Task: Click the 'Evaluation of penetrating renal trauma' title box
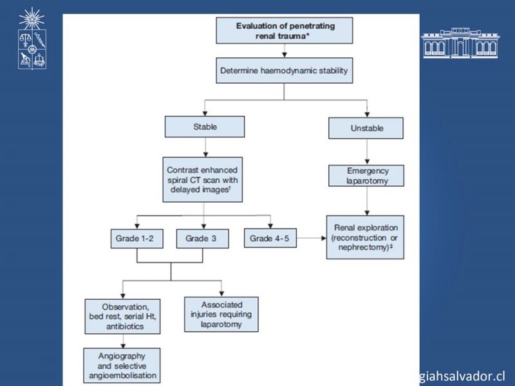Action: (284, 30)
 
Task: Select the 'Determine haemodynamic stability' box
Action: (284, 71)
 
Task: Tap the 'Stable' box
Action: (205, 127)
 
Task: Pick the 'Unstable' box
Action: (366, 128)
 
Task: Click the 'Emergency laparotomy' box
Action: (366, 176)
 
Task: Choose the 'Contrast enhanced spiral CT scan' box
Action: (203, 179)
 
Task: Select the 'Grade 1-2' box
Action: (136, 238)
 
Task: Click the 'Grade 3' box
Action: (203, 238)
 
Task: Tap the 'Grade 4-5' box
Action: (270, 238)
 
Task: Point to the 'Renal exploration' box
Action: (365, 237)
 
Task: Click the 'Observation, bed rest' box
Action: (122, 317)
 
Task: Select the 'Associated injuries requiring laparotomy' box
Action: (221, 315)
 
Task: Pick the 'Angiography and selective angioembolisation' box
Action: (122, 365)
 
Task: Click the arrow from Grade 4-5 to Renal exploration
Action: (312, 238)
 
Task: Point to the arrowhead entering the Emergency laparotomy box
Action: (367, 162)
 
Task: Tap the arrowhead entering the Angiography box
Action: (123, 345)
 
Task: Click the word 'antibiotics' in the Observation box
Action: (125, 326)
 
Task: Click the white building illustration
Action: (460, 43)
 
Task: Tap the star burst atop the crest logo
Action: (32, 19)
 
